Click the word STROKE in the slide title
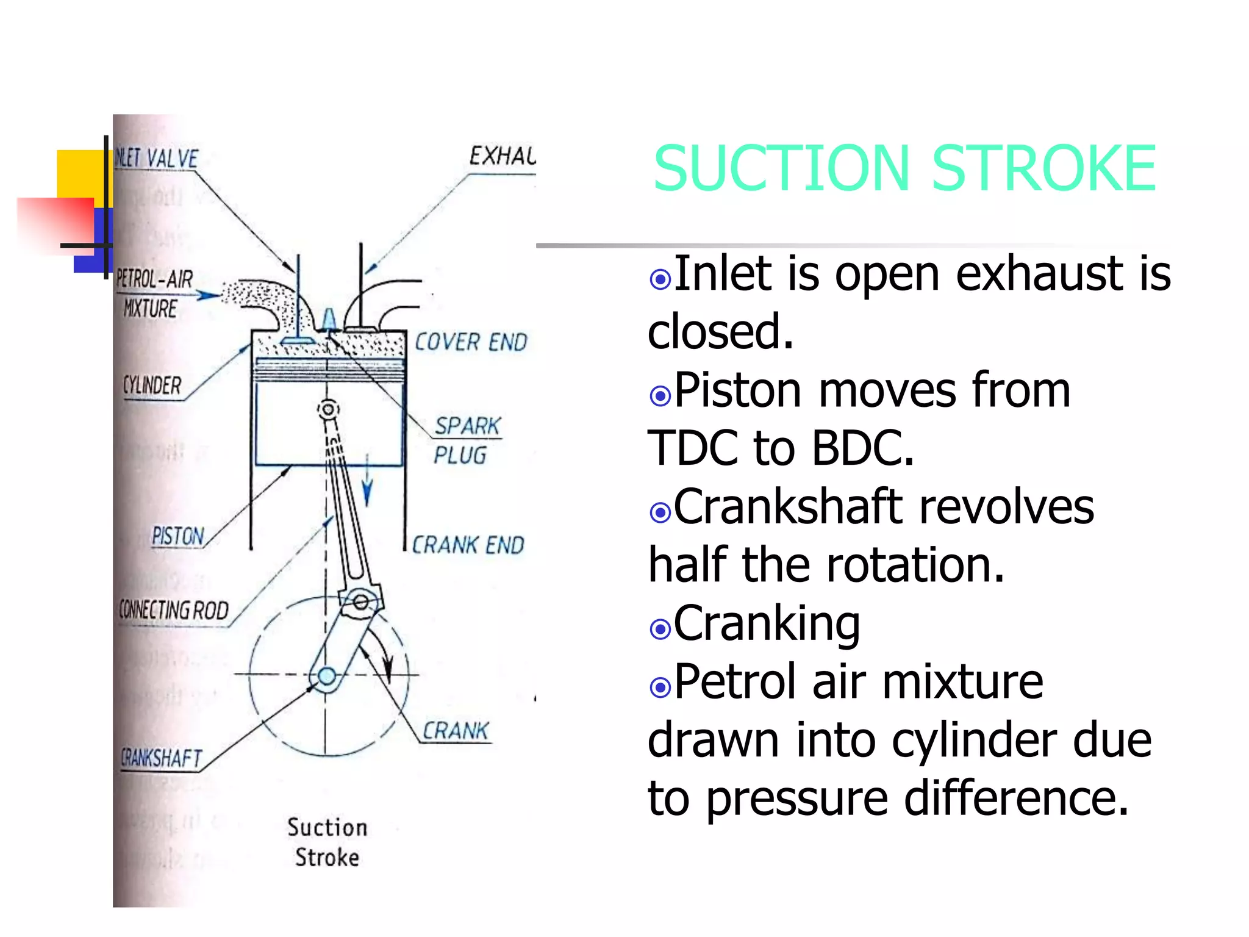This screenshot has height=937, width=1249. click(1043, 168)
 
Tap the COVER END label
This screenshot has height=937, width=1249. click(471, 342)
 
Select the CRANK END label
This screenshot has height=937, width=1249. click(468, 545)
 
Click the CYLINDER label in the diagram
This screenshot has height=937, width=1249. click(152, 386)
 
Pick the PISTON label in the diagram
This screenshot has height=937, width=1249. click(177, 536)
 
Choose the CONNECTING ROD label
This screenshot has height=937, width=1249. click(174, 610)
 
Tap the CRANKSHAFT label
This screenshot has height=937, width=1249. click(161, 758)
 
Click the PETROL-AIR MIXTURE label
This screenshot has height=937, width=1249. click(154, 294)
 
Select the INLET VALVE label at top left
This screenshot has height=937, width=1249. click(157, 159)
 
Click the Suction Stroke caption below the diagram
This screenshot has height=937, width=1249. click(327, 842)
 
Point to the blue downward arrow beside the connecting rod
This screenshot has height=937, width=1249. click(367, 482)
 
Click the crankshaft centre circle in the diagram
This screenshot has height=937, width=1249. click(327, 676)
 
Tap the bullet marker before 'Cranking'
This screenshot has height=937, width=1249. click(660, 628)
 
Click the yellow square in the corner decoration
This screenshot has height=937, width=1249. click(79, 174)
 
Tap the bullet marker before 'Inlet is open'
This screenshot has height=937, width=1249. click(660, 279)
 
